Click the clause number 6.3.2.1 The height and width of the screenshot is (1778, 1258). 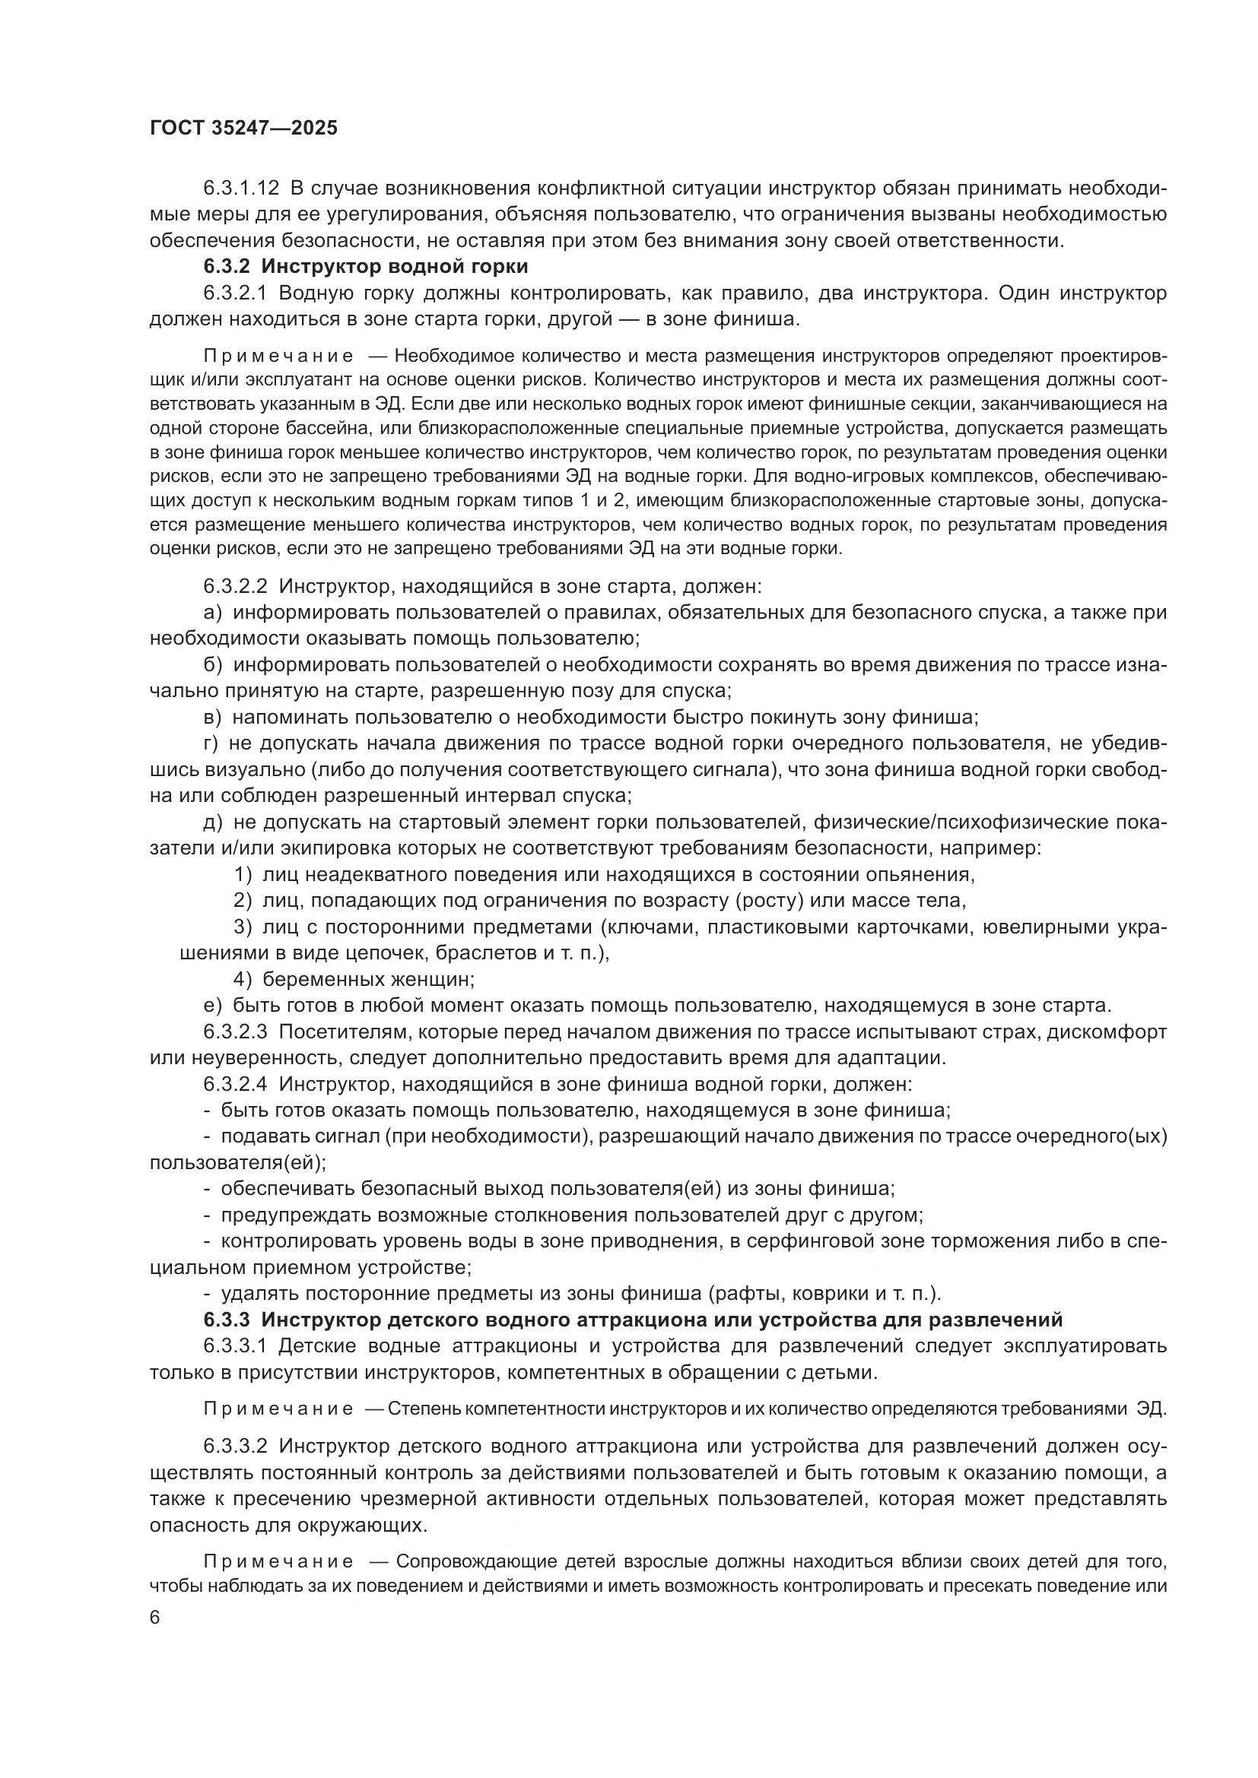point(236,293)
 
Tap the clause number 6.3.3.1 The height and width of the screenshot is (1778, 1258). point(236,1346)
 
